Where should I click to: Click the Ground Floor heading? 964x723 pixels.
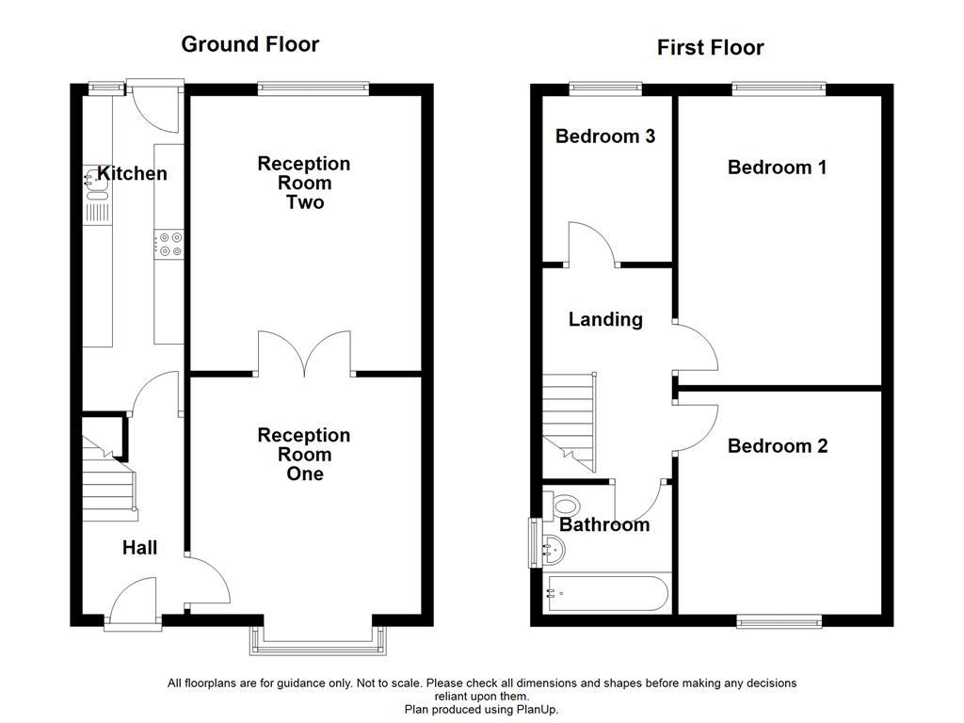click(249, 44)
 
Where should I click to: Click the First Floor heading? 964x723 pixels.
click(710, 48)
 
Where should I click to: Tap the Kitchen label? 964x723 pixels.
click(133, 173)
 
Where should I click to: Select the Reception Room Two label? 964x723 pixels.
click(304, 183)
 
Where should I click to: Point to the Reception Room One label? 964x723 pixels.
click(304, 454)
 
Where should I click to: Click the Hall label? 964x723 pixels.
click(139, 548)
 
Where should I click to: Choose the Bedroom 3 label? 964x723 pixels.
click(604, 137)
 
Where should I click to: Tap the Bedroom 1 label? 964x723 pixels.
click(777, 168)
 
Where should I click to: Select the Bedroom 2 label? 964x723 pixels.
click(777, 446)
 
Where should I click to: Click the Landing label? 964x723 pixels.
click(605, 320)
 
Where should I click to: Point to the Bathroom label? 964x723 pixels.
click(604, 525)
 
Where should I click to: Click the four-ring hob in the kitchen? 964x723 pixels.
click(170, 245)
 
